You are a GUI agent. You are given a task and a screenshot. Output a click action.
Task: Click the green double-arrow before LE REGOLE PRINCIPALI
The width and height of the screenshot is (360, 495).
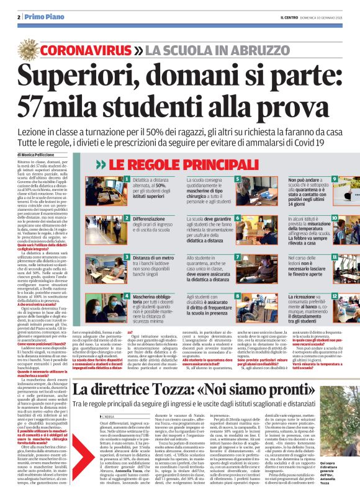pos(100,165)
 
